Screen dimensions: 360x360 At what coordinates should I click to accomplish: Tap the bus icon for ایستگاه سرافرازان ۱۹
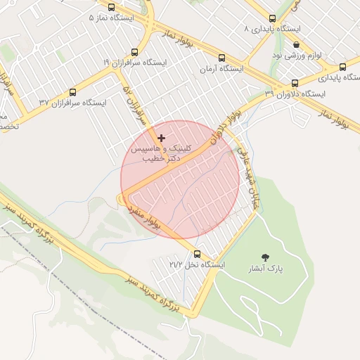[x=134, y=51]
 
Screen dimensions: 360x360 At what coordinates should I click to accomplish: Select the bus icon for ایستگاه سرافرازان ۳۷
[x=72, y=91]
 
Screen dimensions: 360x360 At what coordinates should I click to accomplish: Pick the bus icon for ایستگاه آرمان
[x=222, y=58]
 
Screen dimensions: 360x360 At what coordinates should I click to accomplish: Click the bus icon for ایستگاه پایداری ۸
[x=272, y=18]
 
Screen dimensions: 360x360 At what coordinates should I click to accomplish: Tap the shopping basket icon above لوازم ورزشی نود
[x=296, y=44]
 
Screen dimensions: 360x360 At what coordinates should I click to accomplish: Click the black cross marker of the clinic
[x=162, y=138]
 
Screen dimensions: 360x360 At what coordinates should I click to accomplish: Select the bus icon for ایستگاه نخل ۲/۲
[x=196, y=254]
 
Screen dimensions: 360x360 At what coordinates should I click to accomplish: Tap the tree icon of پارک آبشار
[x=264, y=257]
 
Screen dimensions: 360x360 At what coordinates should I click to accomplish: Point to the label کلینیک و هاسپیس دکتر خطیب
[x=156, y=155]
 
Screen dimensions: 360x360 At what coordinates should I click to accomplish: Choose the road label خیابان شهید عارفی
[x=246, y=176]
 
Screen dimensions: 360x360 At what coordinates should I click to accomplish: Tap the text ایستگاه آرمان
[x=221, y=70]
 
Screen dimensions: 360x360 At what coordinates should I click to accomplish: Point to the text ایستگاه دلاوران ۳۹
[x=296, y=94]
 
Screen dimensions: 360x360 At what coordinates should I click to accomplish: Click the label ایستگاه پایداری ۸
[x=271, y=30]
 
